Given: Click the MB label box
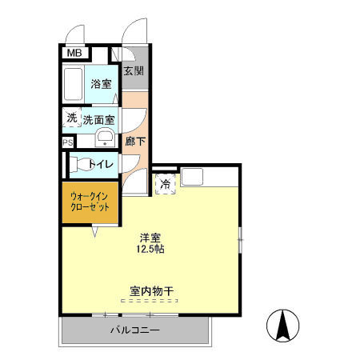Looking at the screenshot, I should (74, 54).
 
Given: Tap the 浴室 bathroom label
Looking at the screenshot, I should (101, 84).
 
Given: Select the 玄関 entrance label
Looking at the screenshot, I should (134, 70).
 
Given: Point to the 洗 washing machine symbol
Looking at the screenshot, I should (71, 118).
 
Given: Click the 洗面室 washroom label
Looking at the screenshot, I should (99, 120).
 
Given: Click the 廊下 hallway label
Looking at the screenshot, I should (134, 142).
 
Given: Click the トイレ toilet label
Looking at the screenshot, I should (101, 165).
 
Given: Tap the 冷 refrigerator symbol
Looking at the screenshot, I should (166, 184).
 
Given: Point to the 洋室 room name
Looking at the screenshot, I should (150, 237).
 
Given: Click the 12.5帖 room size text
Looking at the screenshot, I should (150, 250).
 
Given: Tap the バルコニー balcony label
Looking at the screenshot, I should (134, 330).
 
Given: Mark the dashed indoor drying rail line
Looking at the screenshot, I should (151, 301).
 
